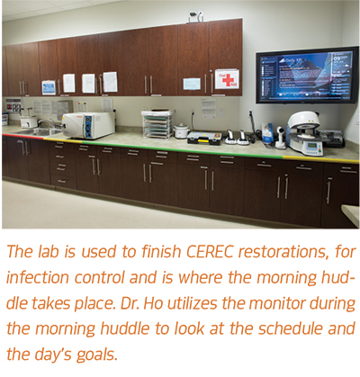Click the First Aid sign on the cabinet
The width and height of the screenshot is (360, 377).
pyautogui.click(x=227, y=79)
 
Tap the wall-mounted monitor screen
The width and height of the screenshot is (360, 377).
pyautogui.click(x=307, y=76)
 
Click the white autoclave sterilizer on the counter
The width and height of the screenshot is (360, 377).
pyautogui.click(x=89, y=125)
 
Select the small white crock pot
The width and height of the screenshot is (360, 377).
pyautogui.click(x=182, y=130)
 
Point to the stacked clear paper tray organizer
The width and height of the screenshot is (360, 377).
pyautogui.click(x=158, y=124)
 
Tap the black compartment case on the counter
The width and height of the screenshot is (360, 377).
pyautogui.click(x=204, y=138)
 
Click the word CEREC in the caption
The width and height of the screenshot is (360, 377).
pyautogui.click(x=210, y=251)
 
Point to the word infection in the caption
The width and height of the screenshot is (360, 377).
pyautogui.click(x=38, y=277)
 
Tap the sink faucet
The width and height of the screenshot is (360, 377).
pyautogui.click(x=46, y=123)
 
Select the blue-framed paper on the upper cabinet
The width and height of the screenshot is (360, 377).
pyautogui.click(x=49, y=87)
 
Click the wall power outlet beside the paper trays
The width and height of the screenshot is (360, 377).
pyautogui.click(x=193, y=113)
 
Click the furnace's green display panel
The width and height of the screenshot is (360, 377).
pyautogui.click(x=312, y=146)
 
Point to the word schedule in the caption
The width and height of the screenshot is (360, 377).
pyautogui.click(x=291, y=329)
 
